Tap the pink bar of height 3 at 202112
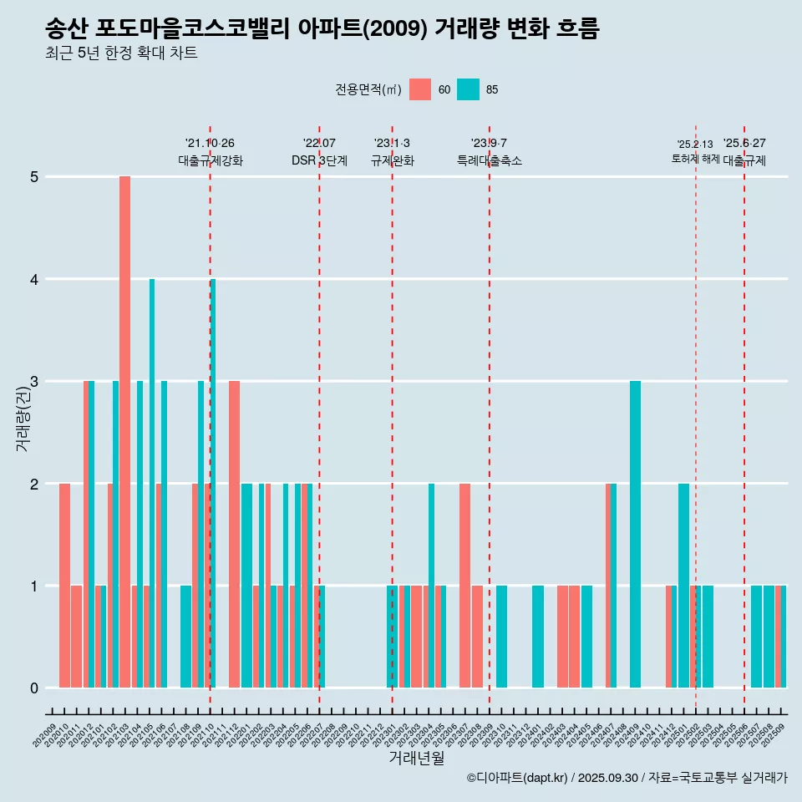[x=234, y=535]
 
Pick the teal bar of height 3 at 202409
[x=635, y=535]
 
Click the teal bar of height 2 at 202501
[x=683, y=585]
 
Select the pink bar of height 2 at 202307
[x=464, y=585]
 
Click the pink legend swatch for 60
[x=420, y=89]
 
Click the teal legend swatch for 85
[x=469, y=89]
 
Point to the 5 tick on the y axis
[x=35, y=177]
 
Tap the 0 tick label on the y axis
[x=35, y=688]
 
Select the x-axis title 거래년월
[x=416, y=758]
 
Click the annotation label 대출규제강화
[x=211, y=160]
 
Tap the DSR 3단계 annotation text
[x=319, y=160]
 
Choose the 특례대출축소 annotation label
[x=490, y=160]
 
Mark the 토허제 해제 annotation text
[x=695, y=159]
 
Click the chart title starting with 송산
[x=322, y=29]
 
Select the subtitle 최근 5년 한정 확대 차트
[x=121, y=53]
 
